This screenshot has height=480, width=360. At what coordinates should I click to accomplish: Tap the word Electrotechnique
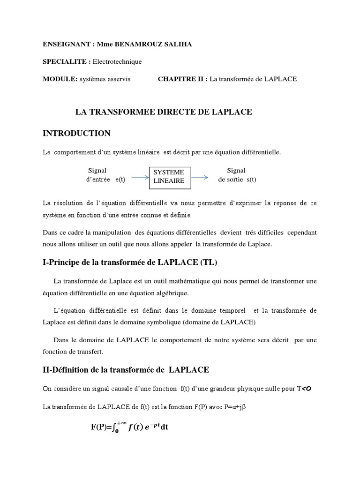click(117, 61)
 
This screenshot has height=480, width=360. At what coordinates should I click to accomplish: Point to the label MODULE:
click(60, 79)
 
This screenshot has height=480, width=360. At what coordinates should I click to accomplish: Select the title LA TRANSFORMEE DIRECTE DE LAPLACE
click(164, 112)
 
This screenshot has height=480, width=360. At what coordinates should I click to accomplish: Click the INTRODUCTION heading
click(76, 134)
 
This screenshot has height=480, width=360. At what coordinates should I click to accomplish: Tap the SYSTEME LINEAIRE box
click(170, 177)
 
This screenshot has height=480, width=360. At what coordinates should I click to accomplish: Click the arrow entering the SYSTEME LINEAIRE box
click(140, 178)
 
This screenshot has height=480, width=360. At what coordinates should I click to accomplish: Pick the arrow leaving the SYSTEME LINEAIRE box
click(200, 178)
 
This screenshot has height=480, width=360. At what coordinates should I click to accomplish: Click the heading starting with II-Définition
click(126, 370)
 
